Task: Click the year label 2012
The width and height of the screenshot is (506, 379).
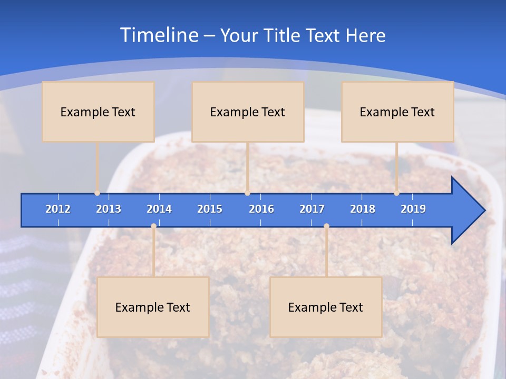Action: pyautogui.click(x=58, y=209)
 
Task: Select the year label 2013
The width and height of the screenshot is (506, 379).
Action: pyautogui.click(x=109, y=209)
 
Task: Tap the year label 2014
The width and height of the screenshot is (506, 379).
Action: pyautogui.click(x=159, y=209)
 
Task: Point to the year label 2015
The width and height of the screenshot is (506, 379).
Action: pyautogui.click(x=210, y=209)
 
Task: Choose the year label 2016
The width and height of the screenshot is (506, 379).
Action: pyautogui.click(x=261, y=209)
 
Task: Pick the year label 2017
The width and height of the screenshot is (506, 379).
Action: pyautogui.click(x=312, y=209)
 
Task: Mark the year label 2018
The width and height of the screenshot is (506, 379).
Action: pyautogui.click(x=363, y=209)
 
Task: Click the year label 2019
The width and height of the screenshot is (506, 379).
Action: pyautogui.click(x=413, y=209)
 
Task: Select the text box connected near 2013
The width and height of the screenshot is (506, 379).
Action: pyautogui.click(x=98, y=112)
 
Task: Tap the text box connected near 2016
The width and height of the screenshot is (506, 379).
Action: pyautogui.click(x=248, y=112)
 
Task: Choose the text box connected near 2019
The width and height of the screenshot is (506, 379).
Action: pyautogui.click(x=397, y=112)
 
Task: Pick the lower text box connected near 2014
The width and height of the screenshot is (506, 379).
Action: pyautogui.click(x=153, y=307)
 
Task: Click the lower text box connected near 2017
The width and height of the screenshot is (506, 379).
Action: pyautogui.click(x=326, y=307)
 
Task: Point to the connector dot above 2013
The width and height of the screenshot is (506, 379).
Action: pyautogui.click(x=98, y=193)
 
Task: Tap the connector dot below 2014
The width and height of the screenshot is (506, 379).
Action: pyautogui.click(x=153, y=226)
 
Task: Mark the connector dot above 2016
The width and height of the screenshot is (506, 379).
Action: pyautogui.click(x=247, y=193)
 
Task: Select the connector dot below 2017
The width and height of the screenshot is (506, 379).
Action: pyautogui.click(x=326, y=226)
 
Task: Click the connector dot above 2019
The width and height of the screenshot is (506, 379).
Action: pyautogui.click(x=397, y=193)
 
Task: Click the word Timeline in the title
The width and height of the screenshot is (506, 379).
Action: pyautogui.click(x=158, y=35)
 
